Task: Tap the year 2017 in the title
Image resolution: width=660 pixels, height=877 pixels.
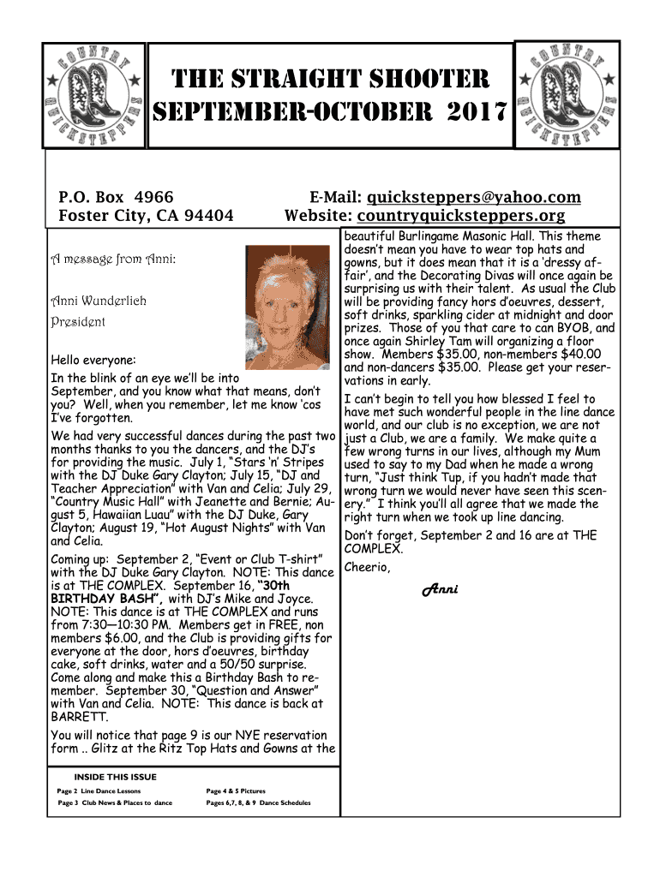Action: coord(470,111)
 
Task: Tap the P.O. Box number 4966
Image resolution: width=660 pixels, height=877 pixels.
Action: coord(155,197)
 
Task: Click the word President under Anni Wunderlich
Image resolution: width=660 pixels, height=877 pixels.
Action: coord(78,322)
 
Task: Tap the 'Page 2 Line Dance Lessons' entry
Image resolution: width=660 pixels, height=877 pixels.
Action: coord(99,790)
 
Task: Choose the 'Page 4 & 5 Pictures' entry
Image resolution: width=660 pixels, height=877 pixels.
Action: coord(236,790)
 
